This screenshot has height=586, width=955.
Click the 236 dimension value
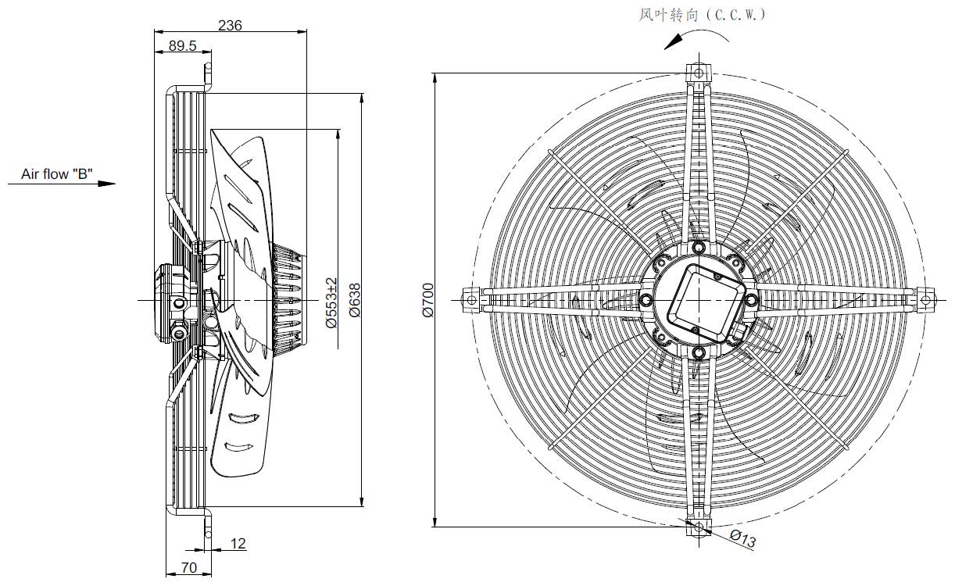(230, 26)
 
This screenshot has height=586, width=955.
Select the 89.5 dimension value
(182, 46)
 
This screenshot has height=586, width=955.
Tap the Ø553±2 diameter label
(331, 302)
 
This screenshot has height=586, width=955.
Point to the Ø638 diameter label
(355, 300)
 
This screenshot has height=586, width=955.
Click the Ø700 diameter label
(427, 300)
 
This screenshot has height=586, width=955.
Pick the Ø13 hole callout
(742, 538)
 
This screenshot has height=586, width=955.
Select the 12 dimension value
(238, 543)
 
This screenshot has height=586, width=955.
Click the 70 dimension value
(189, 568)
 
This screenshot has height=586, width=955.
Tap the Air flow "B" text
(57, 174)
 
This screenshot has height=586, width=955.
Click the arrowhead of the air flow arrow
(106, 184)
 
